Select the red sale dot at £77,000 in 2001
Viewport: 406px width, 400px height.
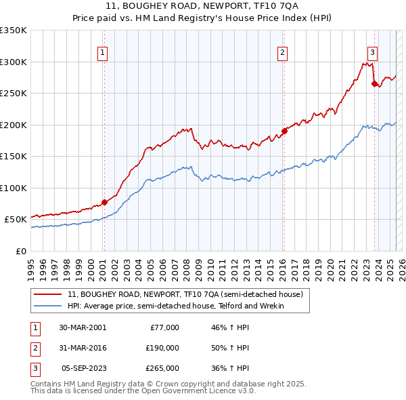104,202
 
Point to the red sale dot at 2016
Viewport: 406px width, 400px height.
284,131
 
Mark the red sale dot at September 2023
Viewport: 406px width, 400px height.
374,84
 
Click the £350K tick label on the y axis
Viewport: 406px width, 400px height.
14,31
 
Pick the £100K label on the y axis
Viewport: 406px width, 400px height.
14,188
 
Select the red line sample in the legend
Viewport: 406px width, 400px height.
47,295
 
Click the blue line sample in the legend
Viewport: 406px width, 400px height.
47,306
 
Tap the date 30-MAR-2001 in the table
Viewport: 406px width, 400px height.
83,327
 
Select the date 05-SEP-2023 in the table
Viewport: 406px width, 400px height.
83,368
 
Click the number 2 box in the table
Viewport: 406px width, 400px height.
34,348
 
